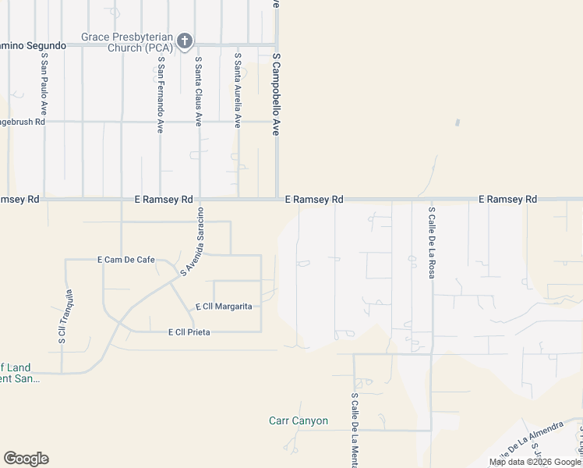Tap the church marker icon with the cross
[185, 41]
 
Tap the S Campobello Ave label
[276, 94]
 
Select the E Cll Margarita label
[224, 307]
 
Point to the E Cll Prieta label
[189, 332]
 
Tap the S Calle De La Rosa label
[431, 243]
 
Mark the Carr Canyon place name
[299, 421]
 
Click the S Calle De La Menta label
[355, 428]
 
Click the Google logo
[26, 459]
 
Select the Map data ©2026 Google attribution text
[535, 463]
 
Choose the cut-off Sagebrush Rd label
[23, 122]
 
